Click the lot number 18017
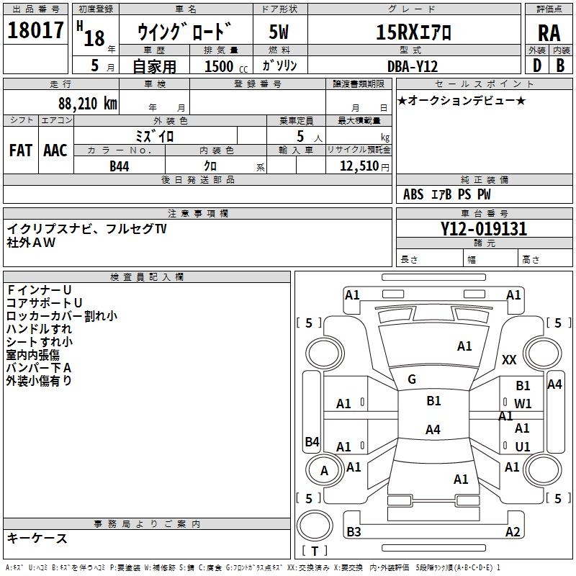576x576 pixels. click(35, 30)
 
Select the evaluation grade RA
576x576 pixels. click(549, 33)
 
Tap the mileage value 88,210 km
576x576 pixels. click(88, 104)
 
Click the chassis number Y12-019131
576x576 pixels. click(484, 229)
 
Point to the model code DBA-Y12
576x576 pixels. click(413, 66)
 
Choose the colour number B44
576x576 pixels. click(120, 166)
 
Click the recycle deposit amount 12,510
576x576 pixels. click(359, 166)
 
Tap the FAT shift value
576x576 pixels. click(21, 150)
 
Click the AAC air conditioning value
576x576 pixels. click(55, 150)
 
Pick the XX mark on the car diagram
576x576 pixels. click(509, 359)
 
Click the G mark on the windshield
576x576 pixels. click(412, 379)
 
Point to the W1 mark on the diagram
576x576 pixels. click(523, 404)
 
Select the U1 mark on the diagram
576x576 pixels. click(523, 446)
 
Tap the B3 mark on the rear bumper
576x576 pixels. click(354, 531)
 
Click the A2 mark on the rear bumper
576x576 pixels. click(513, 531)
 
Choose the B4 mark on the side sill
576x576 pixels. click(312, 441)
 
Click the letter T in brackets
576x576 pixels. click(315, 551)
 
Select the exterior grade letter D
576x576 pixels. click(537, 66)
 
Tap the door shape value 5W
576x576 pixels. click(279, 32)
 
